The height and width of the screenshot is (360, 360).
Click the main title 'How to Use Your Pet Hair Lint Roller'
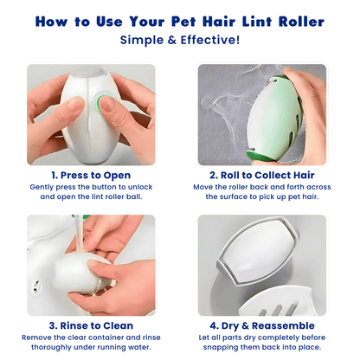(180, 21)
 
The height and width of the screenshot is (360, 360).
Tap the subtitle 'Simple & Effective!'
(180, 40)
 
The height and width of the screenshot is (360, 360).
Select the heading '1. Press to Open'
(92, 174)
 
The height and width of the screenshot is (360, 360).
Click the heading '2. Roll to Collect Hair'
(262, 174)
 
